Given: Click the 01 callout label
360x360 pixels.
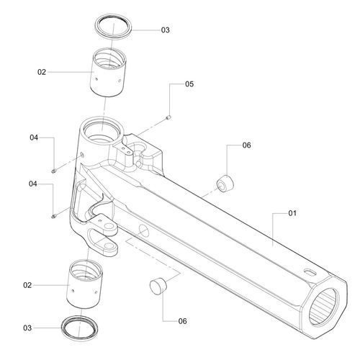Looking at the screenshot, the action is click(x=292, y=213).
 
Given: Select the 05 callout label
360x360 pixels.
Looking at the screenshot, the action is click(x=189, y=84).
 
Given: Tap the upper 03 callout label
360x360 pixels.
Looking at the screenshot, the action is click(x=165, y=30).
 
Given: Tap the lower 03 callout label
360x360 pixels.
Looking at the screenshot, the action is click(x=27, y=328).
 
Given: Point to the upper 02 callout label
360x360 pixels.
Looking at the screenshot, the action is click(x=42, y=72).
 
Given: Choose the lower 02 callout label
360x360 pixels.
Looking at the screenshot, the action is click(x=27, y=285).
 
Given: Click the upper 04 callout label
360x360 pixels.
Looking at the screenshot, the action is click(x=34, y=138).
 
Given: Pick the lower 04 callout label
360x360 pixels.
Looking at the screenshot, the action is click(x=33, y=184).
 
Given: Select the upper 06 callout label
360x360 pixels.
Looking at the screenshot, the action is click(x=246, y=145).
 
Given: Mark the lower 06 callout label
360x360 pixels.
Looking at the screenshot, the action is click(x=182, y=321).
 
